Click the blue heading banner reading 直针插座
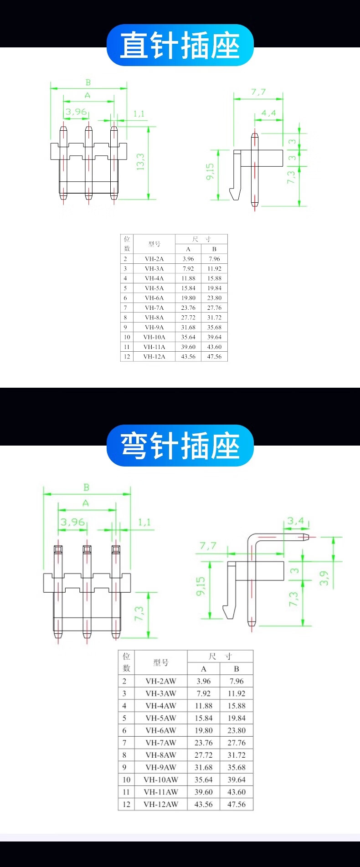pos(180,45)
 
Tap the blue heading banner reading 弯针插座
pos(180,446)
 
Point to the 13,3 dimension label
pos(140,162)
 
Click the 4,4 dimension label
pos(268,113)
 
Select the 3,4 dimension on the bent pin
pos(295,520)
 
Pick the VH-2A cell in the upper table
pos(154,259)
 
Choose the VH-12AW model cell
pos(161,804)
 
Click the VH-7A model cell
pos(154,308)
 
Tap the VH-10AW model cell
pos(161,780)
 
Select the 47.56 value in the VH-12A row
pos(214,357)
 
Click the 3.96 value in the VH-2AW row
pos(204,681)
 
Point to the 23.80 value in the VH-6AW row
pos(237,730)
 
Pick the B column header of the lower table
pos(237,669)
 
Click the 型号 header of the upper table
pos(154,244)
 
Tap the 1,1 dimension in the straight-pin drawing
pos(139,113)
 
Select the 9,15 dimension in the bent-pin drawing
pos(201,586)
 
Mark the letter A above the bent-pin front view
pos(86,503)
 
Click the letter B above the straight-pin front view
pos(88,82)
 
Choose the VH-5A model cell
pos(154,288)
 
